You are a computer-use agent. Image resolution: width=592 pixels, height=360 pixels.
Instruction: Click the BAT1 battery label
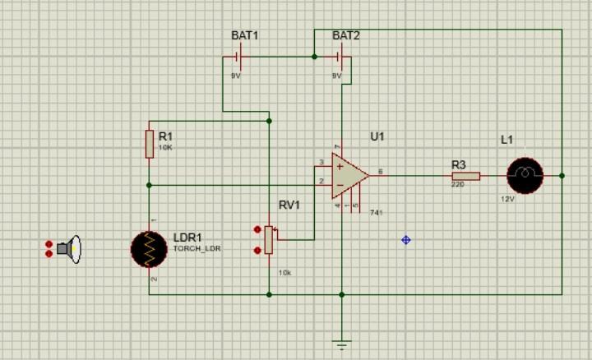[244, 36]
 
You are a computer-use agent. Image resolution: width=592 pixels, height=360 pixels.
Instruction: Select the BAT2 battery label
[345, 36]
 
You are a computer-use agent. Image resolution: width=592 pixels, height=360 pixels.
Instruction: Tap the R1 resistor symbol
[149, 143]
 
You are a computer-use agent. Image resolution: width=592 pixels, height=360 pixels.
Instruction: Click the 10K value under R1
[165, 148]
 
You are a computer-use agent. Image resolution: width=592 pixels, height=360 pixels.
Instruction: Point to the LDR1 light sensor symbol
[149, 249]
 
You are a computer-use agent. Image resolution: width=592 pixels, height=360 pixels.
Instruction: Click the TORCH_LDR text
[197, 248]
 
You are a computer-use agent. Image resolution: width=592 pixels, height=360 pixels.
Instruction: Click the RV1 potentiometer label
[289, 205]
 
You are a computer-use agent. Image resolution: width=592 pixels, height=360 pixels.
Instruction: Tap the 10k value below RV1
[284, 272]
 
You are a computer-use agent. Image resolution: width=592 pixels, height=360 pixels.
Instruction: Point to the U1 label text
[377, 136]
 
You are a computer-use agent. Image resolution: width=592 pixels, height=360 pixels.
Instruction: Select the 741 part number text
[377, 213]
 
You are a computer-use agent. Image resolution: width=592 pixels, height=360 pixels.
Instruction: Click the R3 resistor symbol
[465, 175]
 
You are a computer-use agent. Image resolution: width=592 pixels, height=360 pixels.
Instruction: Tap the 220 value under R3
[457, 185]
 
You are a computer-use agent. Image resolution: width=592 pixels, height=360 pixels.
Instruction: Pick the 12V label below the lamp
[507, 199]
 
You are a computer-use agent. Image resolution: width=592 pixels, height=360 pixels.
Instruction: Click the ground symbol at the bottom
[342, 344]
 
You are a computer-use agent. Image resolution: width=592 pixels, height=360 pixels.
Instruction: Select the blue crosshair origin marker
[405, 240]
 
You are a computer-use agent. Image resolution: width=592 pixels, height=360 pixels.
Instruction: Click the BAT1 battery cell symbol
[237, 57]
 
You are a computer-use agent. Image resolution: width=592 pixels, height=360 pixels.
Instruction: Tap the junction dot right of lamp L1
[562, 175]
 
